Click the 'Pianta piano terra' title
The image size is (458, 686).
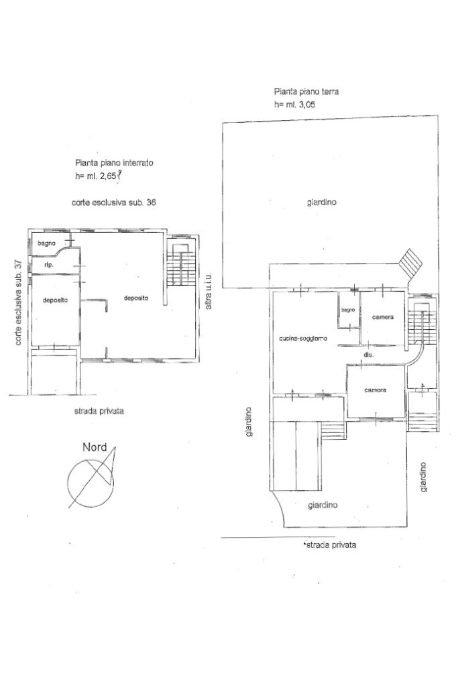[x=306, y=92]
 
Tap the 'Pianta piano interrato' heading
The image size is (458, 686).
[x=114, y=163]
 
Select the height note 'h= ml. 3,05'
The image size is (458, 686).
[x=294, y=105]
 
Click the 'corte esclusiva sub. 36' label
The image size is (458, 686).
[x=114, y=203]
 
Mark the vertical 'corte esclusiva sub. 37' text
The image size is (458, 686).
[x=18, y=302]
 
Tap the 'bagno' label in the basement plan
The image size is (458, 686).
[x=46, y=243]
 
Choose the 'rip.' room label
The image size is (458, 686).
[x=49, y=265]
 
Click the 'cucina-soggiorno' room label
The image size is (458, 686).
[x=302, y=339]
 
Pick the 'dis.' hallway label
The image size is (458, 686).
[x=368, y=355]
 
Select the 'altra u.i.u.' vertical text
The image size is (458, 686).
[x=209, y=292]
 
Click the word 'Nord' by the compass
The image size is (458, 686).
[x=95, y=447]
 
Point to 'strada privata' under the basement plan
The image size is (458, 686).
[x=99, y=411]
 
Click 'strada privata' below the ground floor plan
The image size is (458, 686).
[x=331, y=545]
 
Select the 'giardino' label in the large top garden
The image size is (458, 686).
[x=322, y=203]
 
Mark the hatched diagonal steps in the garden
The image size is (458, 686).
[x=410, y=264]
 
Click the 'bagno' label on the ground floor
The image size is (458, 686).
[x=348, y=310]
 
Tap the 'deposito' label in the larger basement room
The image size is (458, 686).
[x=136, y=298]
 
